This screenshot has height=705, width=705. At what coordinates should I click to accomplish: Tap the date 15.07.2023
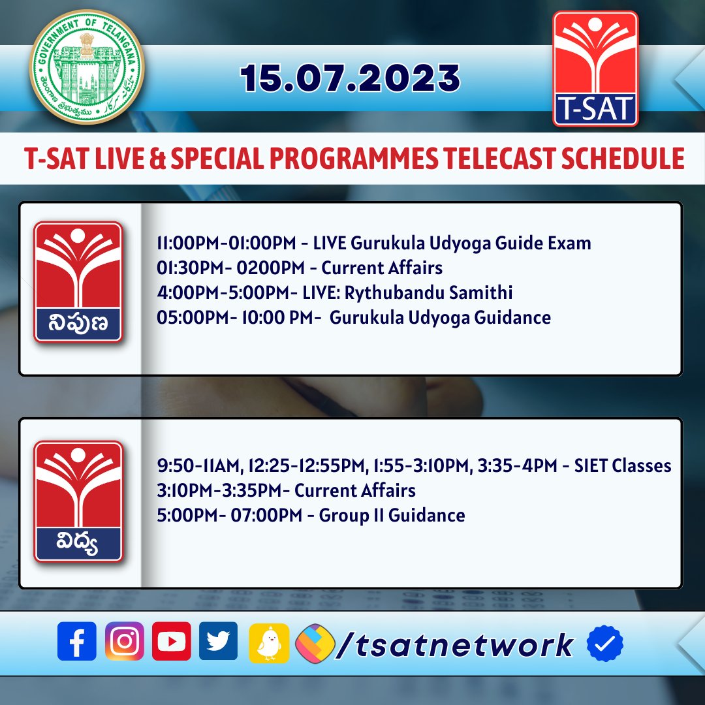(x=351, y=78)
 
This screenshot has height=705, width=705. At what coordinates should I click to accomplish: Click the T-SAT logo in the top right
(x=595, y=69)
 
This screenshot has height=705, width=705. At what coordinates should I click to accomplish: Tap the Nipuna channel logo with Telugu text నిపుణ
(x=78, y=282)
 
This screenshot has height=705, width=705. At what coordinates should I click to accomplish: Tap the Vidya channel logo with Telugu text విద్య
(x=78, y=501)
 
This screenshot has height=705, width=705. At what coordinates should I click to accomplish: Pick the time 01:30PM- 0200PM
(x=232, y=268)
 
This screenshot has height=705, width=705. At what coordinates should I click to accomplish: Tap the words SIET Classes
(x=622, y=465)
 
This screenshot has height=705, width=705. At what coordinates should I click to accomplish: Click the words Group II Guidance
(x=392, y=515)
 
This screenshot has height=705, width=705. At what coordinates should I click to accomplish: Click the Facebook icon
(x=77, y=641)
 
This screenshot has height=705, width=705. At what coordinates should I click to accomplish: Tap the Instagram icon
(x=124, y=641)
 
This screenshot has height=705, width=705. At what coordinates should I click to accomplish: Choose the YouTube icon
(x=172, y=641)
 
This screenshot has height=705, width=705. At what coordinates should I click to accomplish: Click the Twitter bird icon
(x=219, y=641)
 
